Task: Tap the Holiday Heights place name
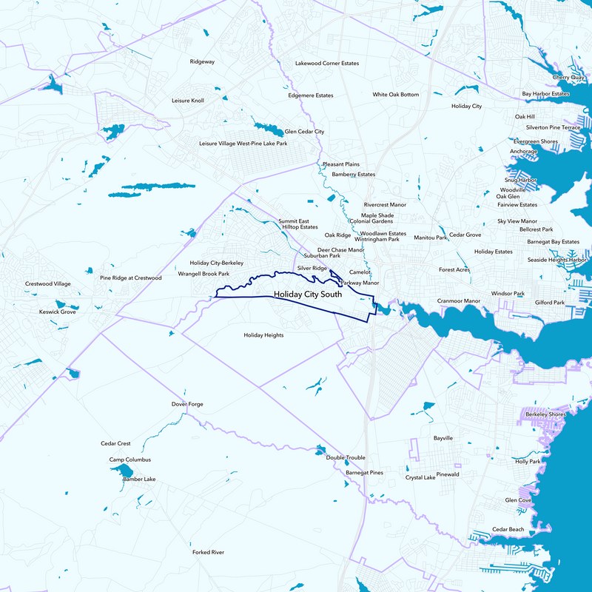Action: point(263,335)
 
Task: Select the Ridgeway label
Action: point(202,61)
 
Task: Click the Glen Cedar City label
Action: point(304,131)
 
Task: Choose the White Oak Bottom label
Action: point(395,95)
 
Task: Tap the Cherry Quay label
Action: point(568,77)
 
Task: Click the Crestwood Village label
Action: point(48,283)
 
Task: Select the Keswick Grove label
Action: point(58,312)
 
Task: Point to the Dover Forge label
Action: point(187,404)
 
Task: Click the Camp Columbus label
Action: point(130,460)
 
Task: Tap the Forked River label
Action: point(208,552)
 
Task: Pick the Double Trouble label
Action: point(346,458)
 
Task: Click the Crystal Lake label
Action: point(420,477)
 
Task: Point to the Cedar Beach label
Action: point(508,529)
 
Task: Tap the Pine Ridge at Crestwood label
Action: point(131,278)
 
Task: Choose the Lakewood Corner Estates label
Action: point(326,64)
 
